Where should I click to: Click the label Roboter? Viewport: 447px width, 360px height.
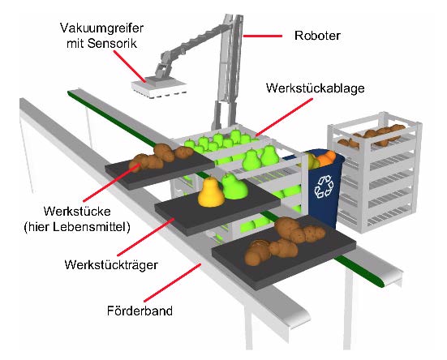point(317,36)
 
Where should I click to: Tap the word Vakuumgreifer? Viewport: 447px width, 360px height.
point(101,28)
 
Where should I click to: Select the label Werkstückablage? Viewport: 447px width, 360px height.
point(316,88)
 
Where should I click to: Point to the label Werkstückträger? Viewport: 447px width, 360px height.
point(111,265)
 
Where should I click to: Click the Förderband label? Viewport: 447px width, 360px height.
point(140,311)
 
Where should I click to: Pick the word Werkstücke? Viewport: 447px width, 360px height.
point(77,212)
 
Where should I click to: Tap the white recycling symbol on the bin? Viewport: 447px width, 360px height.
point(324,186)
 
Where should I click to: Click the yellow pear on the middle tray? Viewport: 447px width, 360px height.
point(211,192)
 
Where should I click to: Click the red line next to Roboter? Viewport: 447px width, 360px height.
point(262,36)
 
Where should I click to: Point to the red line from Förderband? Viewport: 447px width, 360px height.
point(173,282)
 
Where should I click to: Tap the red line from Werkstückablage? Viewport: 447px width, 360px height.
point(284,117)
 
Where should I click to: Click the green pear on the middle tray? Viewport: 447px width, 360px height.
point(234,186)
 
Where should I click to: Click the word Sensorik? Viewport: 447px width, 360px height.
point(112,44)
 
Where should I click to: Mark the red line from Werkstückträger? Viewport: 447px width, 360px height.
point(146,237)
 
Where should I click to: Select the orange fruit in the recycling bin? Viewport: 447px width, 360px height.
point(327,158)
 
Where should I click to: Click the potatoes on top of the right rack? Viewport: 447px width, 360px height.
point(372,135)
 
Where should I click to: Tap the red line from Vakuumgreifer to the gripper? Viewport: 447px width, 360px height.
point(130,66)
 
